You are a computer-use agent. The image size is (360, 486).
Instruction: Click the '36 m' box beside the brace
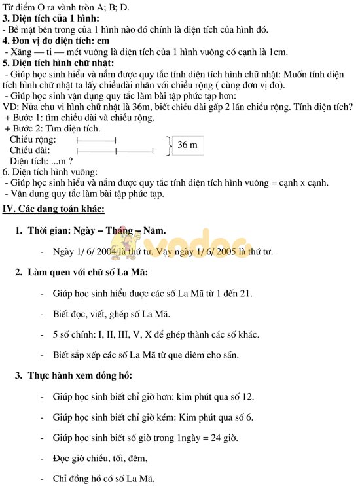pos(187,145)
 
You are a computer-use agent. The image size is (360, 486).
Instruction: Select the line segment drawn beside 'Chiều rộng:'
pos(96,140)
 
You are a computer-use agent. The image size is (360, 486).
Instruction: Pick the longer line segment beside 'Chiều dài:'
pos(115,151)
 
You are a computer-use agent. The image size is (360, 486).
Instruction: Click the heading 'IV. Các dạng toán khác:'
pos(54,209)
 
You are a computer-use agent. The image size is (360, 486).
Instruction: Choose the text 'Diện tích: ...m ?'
pos(41,161)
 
